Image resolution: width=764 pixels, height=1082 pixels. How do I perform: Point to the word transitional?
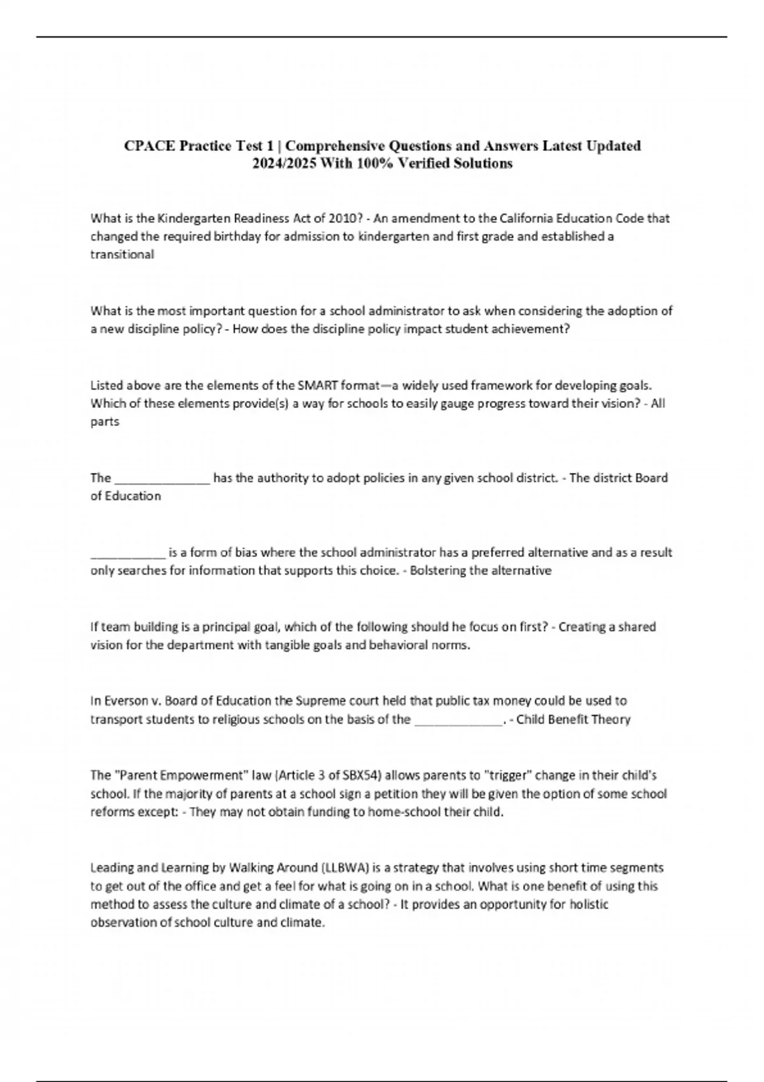point(122,255)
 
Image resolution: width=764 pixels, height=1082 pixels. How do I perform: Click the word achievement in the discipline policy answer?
point(532,329)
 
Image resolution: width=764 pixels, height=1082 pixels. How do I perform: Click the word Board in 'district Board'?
point(651,478)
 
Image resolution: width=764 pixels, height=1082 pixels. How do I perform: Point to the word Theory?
point(610,720)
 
